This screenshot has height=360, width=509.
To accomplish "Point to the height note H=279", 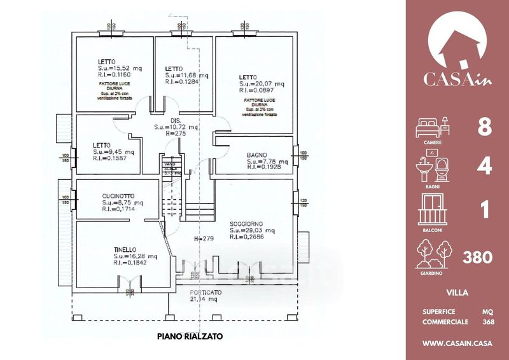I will coord(202,239).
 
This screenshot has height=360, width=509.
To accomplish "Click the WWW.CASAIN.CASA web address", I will coord(458,344).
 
